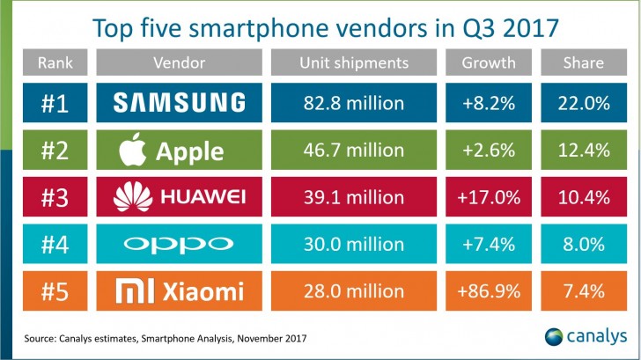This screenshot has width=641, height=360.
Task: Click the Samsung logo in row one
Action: (x=179, y=104)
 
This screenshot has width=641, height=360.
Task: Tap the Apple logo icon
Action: (x=132, y=151)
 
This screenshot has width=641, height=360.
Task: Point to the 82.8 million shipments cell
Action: (x=352, y=104)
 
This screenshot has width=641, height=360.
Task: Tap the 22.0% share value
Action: (x=584, y=104)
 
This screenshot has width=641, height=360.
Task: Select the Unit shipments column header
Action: (x=352, y=63)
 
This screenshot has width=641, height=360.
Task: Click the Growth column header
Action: (x=490, y=63)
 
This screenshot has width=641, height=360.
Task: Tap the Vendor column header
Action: (x=179, y=63)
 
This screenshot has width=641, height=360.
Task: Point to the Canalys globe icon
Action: (x=553, y=337)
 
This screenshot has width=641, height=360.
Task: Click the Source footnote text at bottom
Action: (x=166, y=338)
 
